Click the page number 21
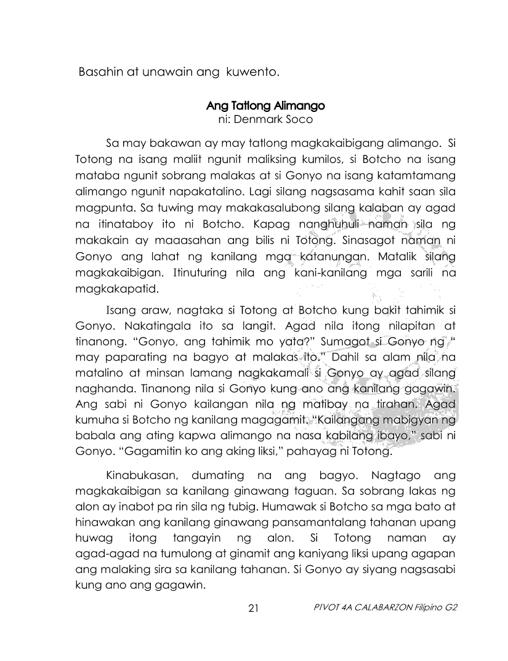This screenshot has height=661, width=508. pyautogui.click(x=253, y=609)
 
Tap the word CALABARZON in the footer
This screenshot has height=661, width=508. pyautogui.click(x=387, y=609)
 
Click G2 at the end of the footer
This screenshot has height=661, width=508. pyautogui.click(x=452, y=609)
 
